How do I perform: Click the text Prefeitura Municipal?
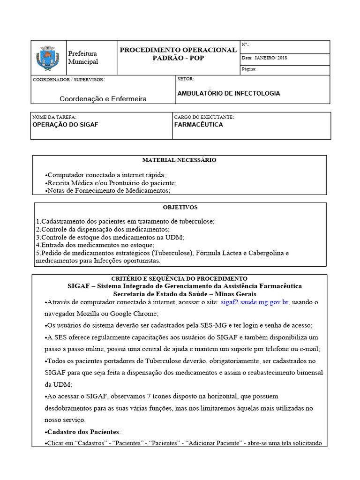[83, 58]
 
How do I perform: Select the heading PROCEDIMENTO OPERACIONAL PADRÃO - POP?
[178, 54]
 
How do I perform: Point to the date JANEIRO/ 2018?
[271, 58]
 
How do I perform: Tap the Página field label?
[249, 69]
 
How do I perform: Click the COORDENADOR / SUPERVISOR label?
[68, 80]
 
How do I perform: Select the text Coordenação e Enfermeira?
[103, 99]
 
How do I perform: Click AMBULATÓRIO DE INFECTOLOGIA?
[229, 93]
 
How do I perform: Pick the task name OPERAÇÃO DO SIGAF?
[65, 125]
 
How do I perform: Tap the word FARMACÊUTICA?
[198, 125]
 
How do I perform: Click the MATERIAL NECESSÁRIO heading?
[179, 160]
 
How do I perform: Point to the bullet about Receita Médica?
[111, 183]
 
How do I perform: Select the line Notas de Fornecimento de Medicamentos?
[108, 191]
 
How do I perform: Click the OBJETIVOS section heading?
[180, 207]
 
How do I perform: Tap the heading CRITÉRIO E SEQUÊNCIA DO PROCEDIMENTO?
[179, 278]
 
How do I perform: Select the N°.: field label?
[245, 45]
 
